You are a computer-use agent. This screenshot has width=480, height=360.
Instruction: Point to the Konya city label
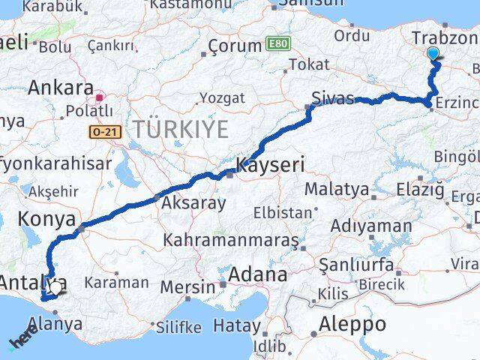(46, 220)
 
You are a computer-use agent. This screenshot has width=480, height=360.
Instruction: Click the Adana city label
(259, 274)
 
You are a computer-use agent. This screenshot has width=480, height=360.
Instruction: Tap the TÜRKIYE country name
(180, 129)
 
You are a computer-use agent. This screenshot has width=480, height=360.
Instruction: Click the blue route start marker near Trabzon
(433, 53)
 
